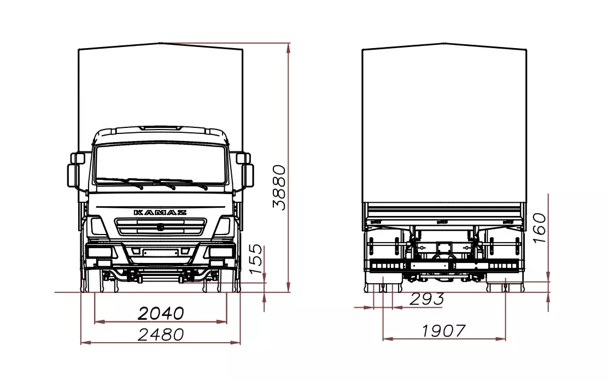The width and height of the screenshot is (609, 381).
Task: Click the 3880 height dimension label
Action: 279,187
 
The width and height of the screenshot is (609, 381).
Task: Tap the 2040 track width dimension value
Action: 161,313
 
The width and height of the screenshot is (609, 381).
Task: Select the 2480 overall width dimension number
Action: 161,335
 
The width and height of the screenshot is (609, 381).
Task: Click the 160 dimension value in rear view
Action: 540,228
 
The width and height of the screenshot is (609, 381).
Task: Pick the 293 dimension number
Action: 427,298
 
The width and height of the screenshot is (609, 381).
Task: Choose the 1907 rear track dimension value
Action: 443,331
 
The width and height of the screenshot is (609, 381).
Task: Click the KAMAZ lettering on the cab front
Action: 160,213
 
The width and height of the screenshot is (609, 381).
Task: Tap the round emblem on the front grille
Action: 160,227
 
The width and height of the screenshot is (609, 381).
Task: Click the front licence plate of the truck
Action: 160,253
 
